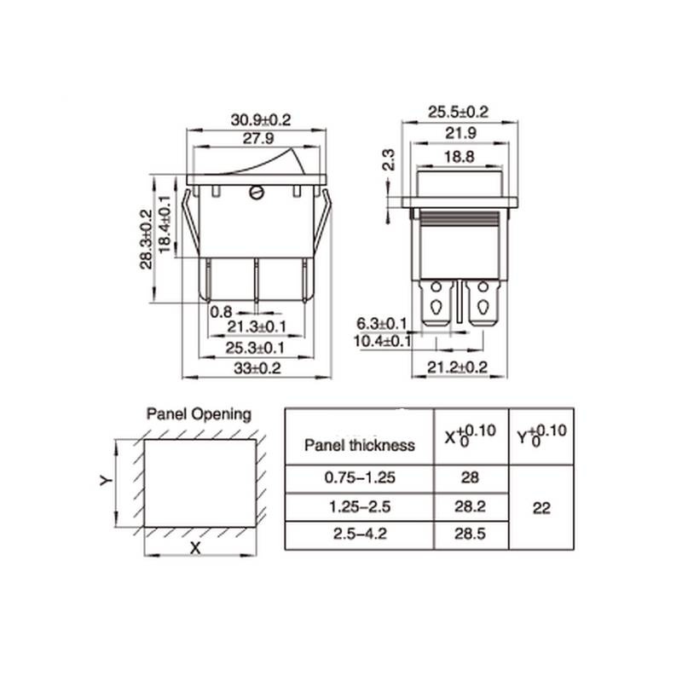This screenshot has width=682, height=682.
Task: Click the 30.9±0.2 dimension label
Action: point(260,119)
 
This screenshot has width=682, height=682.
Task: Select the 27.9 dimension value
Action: point(258,139)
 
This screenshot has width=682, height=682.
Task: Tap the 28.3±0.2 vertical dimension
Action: point(147,240)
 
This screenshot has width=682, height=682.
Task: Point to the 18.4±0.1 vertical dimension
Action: point(165,224)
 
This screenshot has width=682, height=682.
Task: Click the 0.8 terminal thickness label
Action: point(221,312)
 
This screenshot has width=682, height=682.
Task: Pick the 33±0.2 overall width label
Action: point(257,368)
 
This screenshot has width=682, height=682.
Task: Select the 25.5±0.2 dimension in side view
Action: point(458,113)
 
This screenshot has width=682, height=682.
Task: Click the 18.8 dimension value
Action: point(459,157)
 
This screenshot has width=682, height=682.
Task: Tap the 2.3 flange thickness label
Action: point(389,159)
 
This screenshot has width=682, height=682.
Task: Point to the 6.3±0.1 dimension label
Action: point(382,324)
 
